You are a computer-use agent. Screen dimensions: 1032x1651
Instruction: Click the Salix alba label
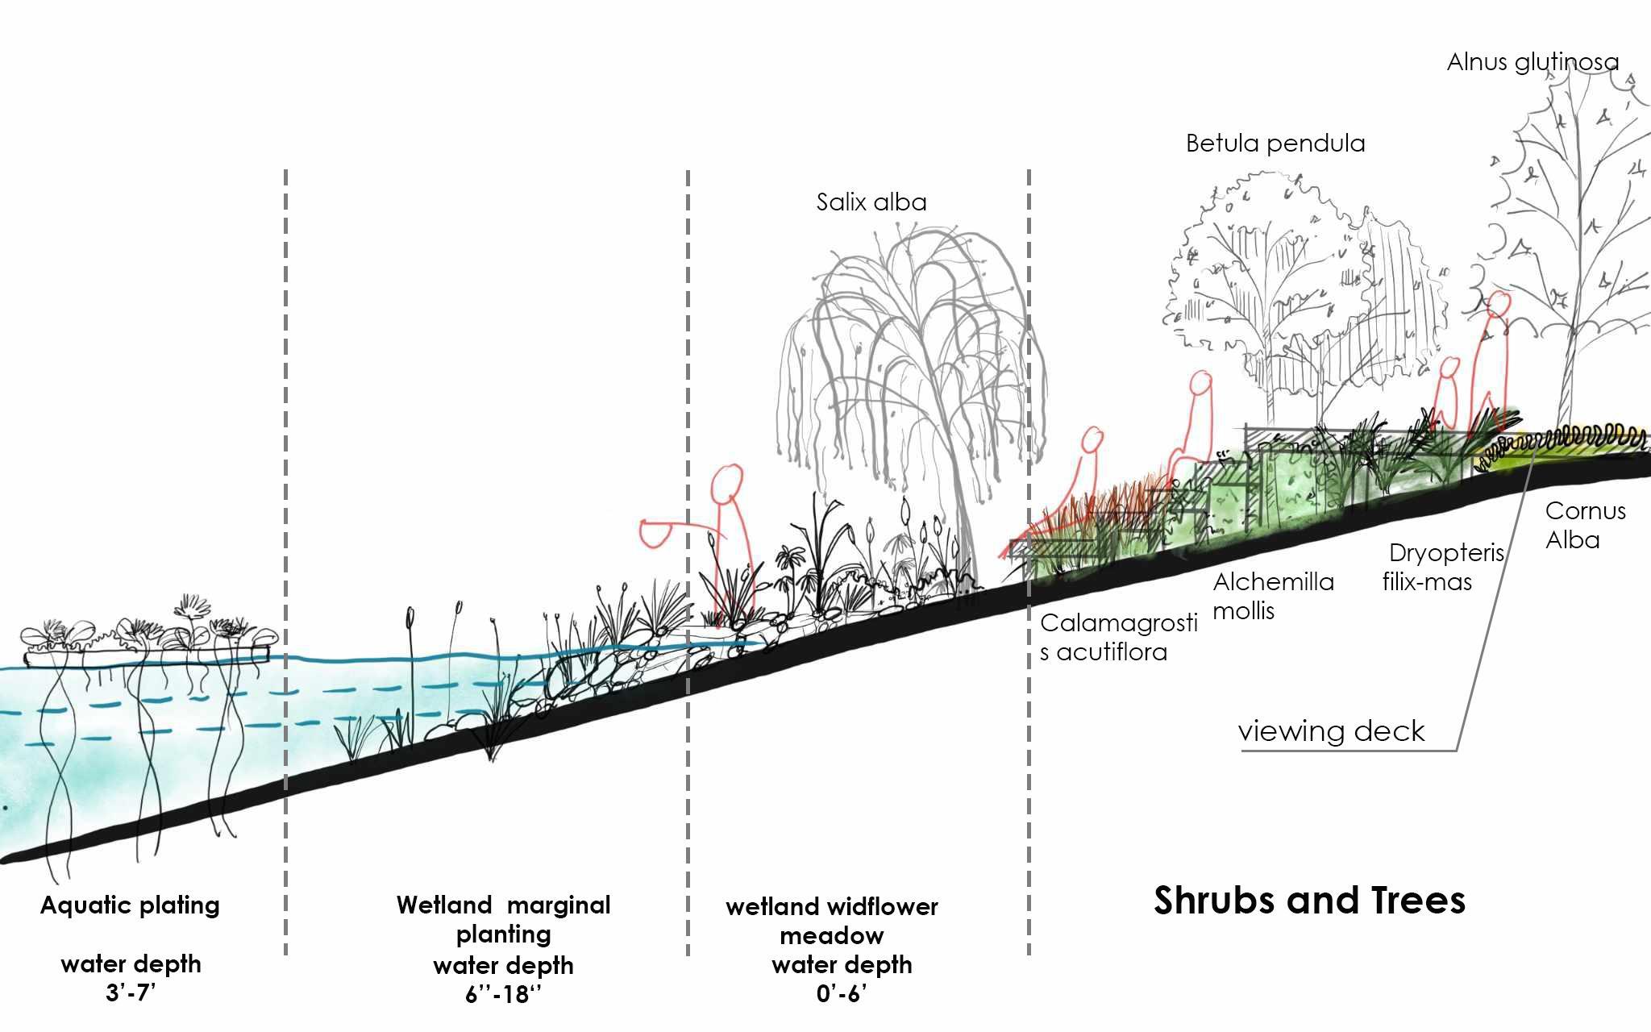[871, 202]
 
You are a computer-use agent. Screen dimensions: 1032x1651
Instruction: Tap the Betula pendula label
[1275, 144]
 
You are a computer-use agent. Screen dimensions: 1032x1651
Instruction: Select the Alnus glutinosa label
[1532, 62]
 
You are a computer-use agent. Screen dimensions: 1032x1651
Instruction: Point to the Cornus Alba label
[1584, 525]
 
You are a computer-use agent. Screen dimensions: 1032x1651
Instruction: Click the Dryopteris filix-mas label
[1443, 567]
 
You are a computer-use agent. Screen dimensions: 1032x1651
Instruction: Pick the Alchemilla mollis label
[1273, 596]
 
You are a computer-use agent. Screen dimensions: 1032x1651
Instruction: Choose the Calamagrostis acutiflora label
[1118, 637]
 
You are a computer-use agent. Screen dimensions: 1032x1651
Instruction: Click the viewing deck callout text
[1331, 730]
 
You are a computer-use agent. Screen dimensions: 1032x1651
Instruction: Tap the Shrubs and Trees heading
[1309, 900]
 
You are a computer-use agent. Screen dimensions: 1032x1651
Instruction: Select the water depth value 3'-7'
[130, 992]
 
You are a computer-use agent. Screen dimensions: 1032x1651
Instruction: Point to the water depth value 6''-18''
[503, 994]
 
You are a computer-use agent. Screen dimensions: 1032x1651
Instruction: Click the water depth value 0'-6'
[841, 993]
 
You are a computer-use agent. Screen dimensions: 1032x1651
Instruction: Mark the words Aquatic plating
[130, 905]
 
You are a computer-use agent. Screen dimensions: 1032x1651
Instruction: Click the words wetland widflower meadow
[832, 921]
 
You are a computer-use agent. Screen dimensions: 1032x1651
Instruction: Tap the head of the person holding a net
[726, 482]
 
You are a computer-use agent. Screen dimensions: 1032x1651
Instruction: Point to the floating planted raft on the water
[149, 649]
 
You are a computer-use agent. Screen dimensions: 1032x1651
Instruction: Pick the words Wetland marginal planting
[503, 919]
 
